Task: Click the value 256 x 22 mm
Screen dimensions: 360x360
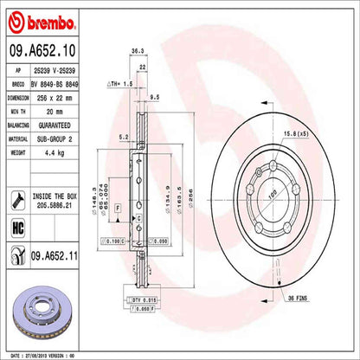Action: [54, 99]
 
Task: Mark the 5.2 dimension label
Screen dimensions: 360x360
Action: [123, 136]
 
